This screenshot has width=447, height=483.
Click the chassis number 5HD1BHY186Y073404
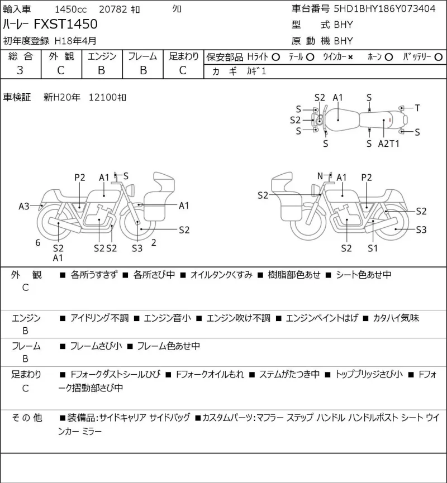pyautogui.click(x=385, y=8)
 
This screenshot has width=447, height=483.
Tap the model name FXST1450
pyautogui.click(x=65, y=24)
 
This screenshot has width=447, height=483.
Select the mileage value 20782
pyautogui.click(x=113, y=9)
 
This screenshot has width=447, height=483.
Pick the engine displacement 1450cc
pyautogui.click(x=70, y=9)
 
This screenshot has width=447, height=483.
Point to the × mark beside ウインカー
pyautogui.click(x=350, y=57)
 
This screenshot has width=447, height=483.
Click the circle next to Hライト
pyautogui.click(x=275, y=57)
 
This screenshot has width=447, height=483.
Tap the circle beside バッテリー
pyautogui.click(x=439, y=57)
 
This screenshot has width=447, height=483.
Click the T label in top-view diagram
pyautogui.click(x=417, y=108)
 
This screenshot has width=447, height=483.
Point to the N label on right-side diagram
pyautogui.click(x=320, y=176)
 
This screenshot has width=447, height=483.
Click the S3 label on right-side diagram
pyautogui.click(x=421, y=230)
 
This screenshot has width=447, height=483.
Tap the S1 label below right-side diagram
pyautogui.click(x=372, y=248)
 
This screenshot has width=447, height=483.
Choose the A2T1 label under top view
pyautogui.click(x=388, y=144)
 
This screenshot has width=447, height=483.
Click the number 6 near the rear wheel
pyautogui.click(x=38, y=243)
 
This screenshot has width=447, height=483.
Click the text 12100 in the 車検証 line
pyautogui.click(x=102, y=98)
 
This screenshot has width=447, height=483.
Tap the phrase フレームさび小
pyautogui.click(x=96, y=346)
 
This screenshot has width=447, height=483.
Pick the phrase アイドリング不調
pyautogui.click(x=99, y=318)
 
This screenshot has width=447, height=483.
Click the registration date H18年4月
pyautogui.click(x=75, y=41)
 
